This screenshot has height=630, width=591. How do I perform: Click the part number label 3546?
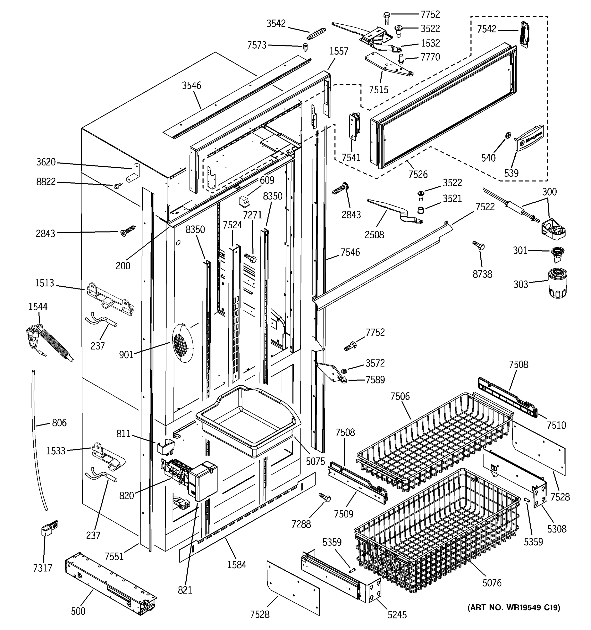[x=191, y=86]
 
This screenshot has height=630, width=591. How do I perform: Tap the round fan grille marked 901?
[x=183, y=343]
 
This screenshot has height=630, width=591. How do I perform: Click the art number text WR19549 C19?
[x=514, y=607]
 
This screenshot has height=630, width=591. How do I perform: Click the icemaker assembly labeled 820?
[x=190, y=480]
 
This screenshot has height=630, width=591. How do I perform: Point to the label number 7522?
[x=485, y=207]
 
